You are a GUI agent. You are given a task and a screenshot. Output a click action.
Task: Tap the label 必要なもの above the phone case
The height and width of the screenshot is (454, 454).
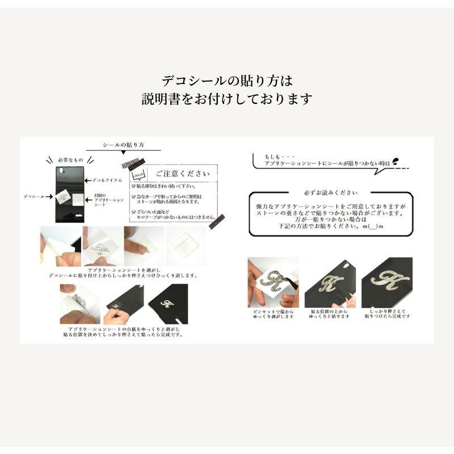[x=69, y=161]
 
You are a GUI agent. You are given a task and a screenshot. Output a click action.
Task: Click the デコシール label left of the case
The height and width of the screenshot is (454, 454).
[x=34, y=196]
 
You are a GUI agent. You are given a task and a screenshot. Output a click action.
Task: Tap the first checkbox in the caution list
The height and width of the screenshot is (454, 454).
[x=133, y=186]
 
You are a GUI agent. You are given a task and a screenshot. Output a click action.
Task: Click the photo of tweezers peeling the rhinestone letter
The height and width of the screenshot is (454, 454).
[x=273, y=283]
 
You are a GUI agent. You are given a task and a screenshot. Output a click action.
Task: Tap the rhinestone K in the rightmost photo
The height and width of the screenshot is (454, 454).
[x=388, y=281]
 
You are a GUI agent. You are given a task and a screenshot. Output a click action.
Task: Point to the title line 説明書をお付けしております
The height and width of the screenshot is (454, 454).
[x=227, y=99]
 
